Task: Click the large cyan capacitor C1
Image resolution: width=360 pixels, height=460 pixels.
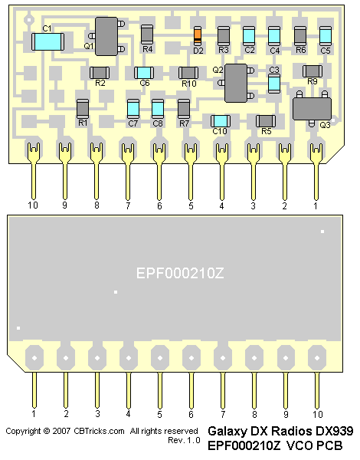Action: coord(47,41)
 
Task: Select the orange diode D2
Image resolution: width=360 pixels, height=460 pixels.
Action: coord(198,35)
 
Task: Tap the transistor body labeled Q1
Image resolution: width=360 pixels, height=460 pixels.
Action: coord(106,36)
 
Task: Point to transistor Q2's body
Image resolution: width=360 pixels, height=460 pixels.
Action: coord(236,83)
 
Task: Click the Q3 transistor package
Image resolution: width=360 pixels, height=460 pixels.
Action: coord(312,109)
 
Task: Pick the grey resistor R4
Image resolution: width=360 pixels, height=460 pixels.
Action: coord(147,34)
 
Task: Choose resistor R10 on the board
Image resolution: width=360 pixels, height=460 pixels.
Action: coord(188,73)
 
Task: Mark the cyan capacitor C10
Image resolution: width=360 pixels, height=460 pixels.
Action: coord(221,121)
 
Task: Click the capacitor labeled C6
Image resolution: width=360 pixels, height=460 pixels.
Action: coord(144,73)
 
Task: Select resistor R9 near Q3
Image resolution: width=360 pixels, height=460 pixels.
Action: coord(313,71)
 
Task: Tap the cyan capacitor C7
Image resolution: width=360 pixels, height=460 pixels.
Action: coord(133,109)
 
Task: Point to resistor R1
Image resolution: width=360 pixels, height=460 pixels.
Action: coord(83,109)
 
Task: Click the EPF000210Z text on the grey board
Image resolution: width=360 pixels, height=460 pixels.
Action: coord(180,273)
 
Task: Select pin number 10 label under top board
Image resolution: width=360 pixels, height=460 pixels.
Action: coord(33,205)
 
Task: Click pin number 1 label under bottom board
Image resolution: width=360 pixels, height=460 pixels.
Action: coord(34,414)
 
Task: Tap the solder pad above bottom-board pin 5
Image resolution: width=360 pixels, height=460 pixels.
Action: coord(160,357)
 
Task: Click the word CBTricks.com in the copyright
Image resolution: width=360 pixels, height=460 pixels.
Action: coord(99,431)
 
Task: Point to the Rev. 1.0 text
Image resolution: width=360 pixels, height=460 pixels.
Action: coord(184,440)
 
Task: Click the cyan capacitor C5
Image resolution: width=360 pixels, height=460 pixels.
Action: coord(325,36)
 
